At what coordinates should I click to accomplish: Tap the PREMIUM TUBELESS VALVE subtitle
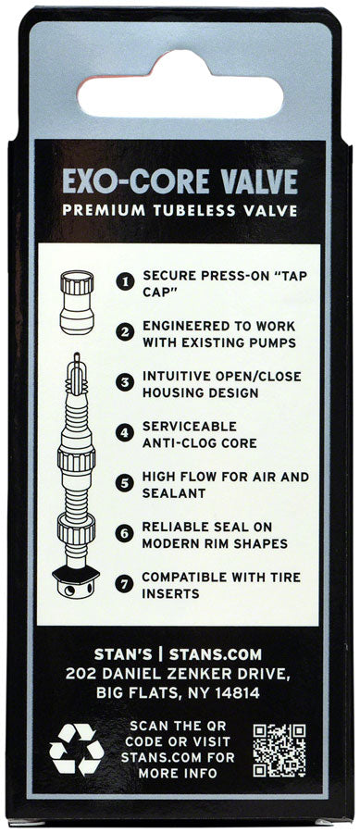tap(180, 210)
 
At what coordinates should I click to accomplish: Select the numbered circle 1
tap(124, 278)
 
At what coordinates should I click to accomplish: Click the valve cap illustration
tap(76, 302)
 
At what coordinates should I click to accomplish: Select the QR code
tap(279, 748)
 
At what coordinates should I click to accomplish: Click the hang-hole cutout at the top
tap(180, 83)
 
